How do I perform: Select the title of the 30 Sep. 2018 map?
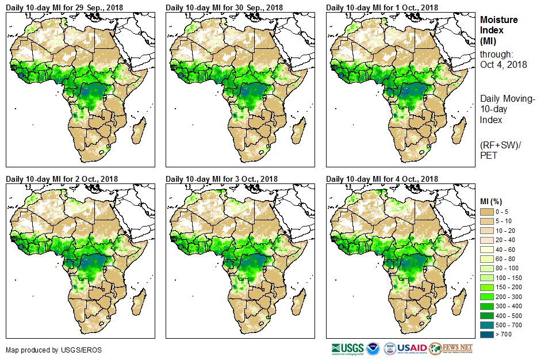[x=224, y=7]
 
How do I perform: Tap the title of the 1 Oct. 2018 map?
[x=382, y=7]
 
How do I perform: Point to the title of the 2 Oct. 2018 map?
[x=62, y=179]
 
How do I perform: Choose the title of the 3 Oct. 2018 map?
[x=221, y=179]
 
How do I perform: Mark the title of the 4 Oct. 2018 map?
[x=382, y=179]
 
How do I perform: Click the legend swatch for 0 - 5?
[x=486, y=212]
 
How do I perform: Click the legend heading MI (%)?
[x=493, y=201]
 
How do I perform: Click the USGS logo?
[x=347, y=348]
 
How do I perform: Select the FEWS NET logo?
[x=451, y=348]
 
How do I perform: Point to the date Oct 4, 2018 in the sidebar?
[x=503, y=64]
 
